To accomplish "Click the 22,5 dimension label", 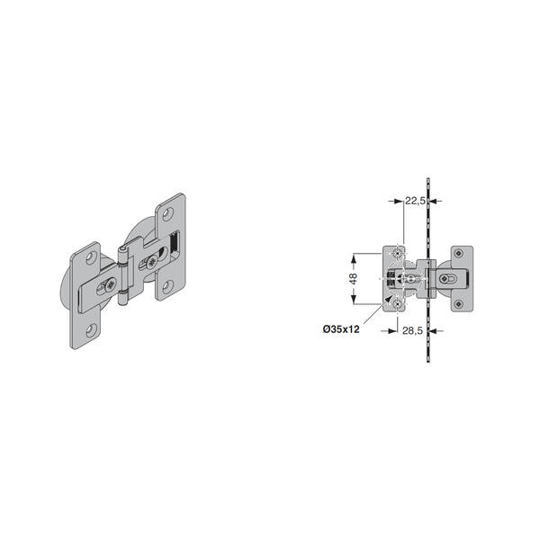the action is pyautogui.click(x=415, y=201).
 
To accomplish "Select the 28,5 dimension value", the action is pyautogui.click(x=412, y=330).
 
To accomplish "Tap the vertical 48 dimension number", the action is pyautogui.click(x=354, y=279).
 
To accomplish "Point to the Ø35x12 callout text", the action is pyautogui.click(x=341, y=329).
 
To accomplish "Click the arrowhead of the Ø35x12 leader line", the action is pyautogui.click(x=389, y=300).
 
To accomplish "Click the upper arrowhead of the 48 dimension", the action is pyautogui.click(x=354, y=258).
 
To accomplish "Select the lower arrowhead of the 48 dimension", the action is pyautogui.click(x=354, y=300).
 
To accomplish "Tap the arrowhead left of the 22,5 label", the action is pyautogui.click(x=399, y=201).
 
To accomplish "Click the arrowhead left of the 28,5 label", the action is pyautogui.click(x=393, y=331).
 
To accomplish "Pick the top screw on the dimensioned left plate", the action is pyautogui.click(x=398, y=254).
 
